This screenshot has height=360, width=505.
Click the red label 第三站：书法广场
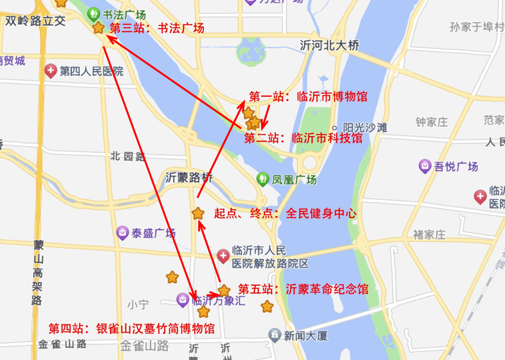156,28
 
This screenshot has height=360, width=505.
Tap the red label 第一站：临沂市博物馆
308,96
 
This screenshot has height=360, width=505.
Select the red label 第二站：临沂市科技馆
303,138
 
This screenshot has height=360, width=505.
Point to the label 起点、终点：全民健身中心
285,214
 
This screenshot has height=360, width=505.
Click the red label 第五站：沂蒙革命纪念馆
303,289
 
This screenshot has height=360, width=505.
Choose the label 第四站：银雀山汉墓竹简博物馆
131,328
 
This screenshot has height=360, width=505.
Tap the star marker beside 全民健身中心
198,214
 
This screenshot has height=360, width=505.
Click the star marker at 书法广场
99,28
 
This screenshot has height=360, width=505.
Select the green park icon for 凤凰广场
263,179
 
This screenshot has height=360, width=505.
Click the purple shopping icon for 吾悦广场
425,167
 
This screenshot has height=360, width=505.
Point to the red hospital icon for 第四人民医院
51,71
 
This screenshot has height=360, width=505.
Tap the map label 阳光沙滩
365,127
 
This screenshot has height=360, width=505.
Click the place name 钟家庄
432,121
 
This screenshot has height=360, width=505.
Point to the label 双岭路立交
35,21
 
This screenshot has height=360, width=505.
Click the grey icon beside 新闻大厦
275,336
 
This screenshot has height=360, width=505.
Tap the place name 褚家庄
429,234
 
